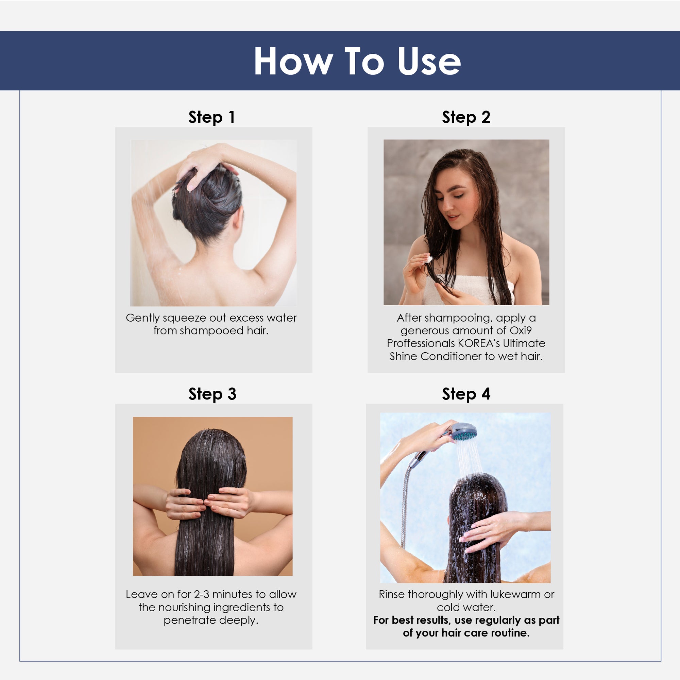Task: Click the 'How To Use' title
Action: (x=357, y=61)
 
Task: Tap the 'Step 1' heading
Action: (x=211, y=117)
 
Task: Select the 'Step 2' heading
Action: (x=466, y=117)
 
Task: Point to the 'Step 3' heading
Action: (x=212, y=393)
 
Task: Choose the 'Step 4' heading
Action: (x=466, y=393)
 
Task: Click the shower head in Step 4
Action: (x=463, y=432)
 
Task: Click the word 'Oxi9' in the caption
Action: (x=521, y=330)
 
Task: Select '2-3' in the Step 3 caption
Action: (x=201, y=594)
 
